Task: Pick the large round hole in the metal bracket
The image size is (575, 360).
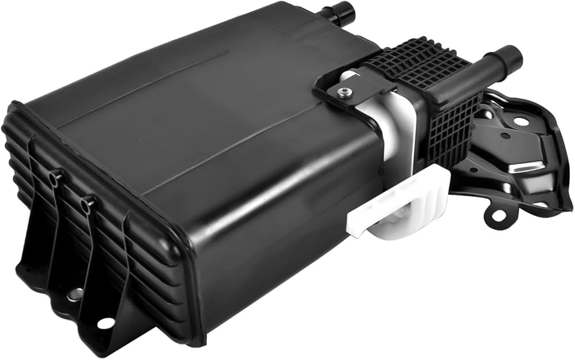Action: [521, 121]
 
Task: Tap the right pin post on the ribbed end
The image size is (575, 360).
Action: [87, 202]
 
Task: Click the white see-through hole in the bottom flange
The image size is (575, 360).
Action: [105, 323]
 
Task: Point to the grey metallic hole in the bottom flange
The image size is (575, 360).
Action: [73, 294]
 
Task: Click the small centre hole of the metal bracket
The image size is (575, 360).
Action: [504, 136]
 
